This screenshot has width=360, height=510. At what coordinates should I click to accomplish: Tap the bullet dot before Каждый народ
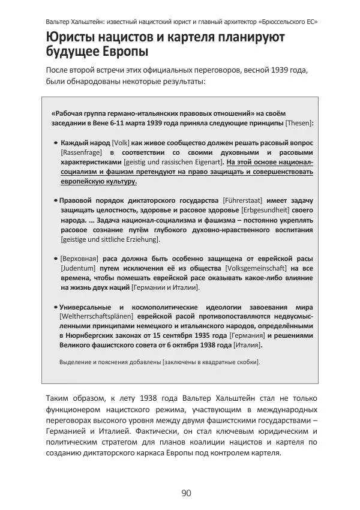click(55, 143)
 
